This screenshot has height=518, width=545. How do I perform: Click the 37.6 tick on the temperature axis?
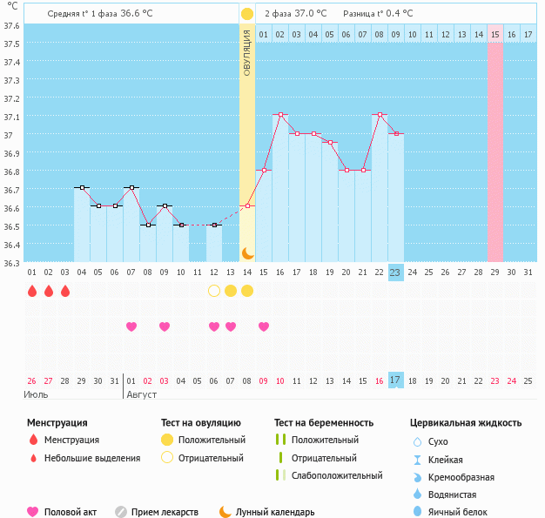(12, 25)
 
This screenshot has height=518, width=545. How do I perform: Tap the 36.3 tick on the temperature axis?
(12, 262)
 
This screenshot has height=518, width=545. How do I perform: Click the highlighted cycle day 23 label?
(395, 272)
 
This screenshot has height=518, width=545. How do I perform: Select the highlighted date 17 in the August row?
(395, 380)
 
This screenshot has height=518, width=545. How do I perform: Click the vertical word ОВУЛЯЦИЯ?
(247, 52)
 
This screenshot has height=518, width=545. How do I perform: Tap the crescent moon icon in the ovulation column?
(247, 253)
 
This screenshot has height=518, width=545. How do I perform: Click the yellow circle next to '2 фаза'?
(247, 14)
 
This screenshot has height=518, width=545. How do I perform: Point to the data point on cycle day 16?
(280, 115)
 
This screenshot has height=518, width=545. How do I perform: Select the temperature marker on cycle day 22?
(380, 115)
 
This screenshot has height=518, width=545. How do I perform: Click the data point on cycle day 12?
(214, 225)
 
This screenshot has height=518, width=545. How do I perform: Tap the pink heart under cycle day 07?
(131, 326)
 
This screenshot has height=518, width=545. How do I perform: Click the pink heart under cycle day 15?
(264, 326)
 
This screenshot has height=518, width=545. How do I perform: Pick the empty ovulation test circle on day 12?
(214, 290)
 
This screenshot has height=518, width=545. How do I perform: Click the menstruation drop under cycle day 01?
(32, 290)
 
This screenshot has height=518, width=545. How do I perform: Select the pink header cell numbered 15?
(495, 34)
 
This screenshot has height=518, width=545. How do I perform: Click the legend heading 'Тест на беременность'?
(323, 423)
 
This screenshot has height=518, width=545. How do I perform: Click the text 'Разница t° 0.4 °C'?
(378, 14)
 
